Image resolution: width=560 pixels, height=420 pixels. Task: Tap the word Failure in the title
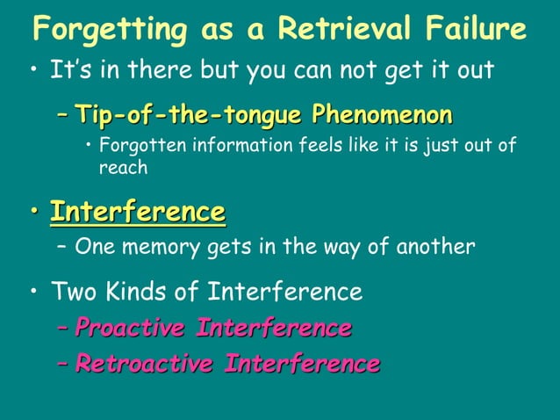coord(475,30)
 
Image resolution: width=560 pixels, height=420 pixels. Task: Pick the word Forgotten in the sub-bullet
coord(141,146)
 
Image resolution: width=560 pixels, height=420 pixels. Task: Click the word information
coord(232,146)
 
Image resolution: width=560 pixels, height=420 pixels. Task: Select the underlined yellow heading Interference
coord(137,212)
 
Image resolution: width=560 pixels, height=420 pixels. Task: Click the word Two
coord(75,290)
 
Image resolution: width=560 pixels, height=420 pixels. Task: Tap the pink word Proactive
coord(130,329)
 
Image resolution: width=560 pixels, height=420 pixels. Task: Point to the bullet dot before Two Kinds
coord(33,291)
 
